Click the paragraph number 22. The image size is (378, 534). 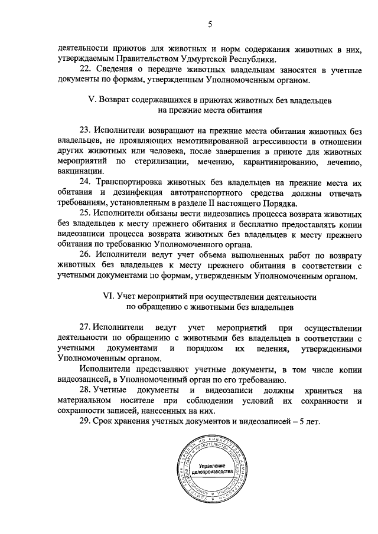[84, 69]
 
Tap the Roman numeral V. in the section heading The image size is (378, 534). [92, 100]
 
